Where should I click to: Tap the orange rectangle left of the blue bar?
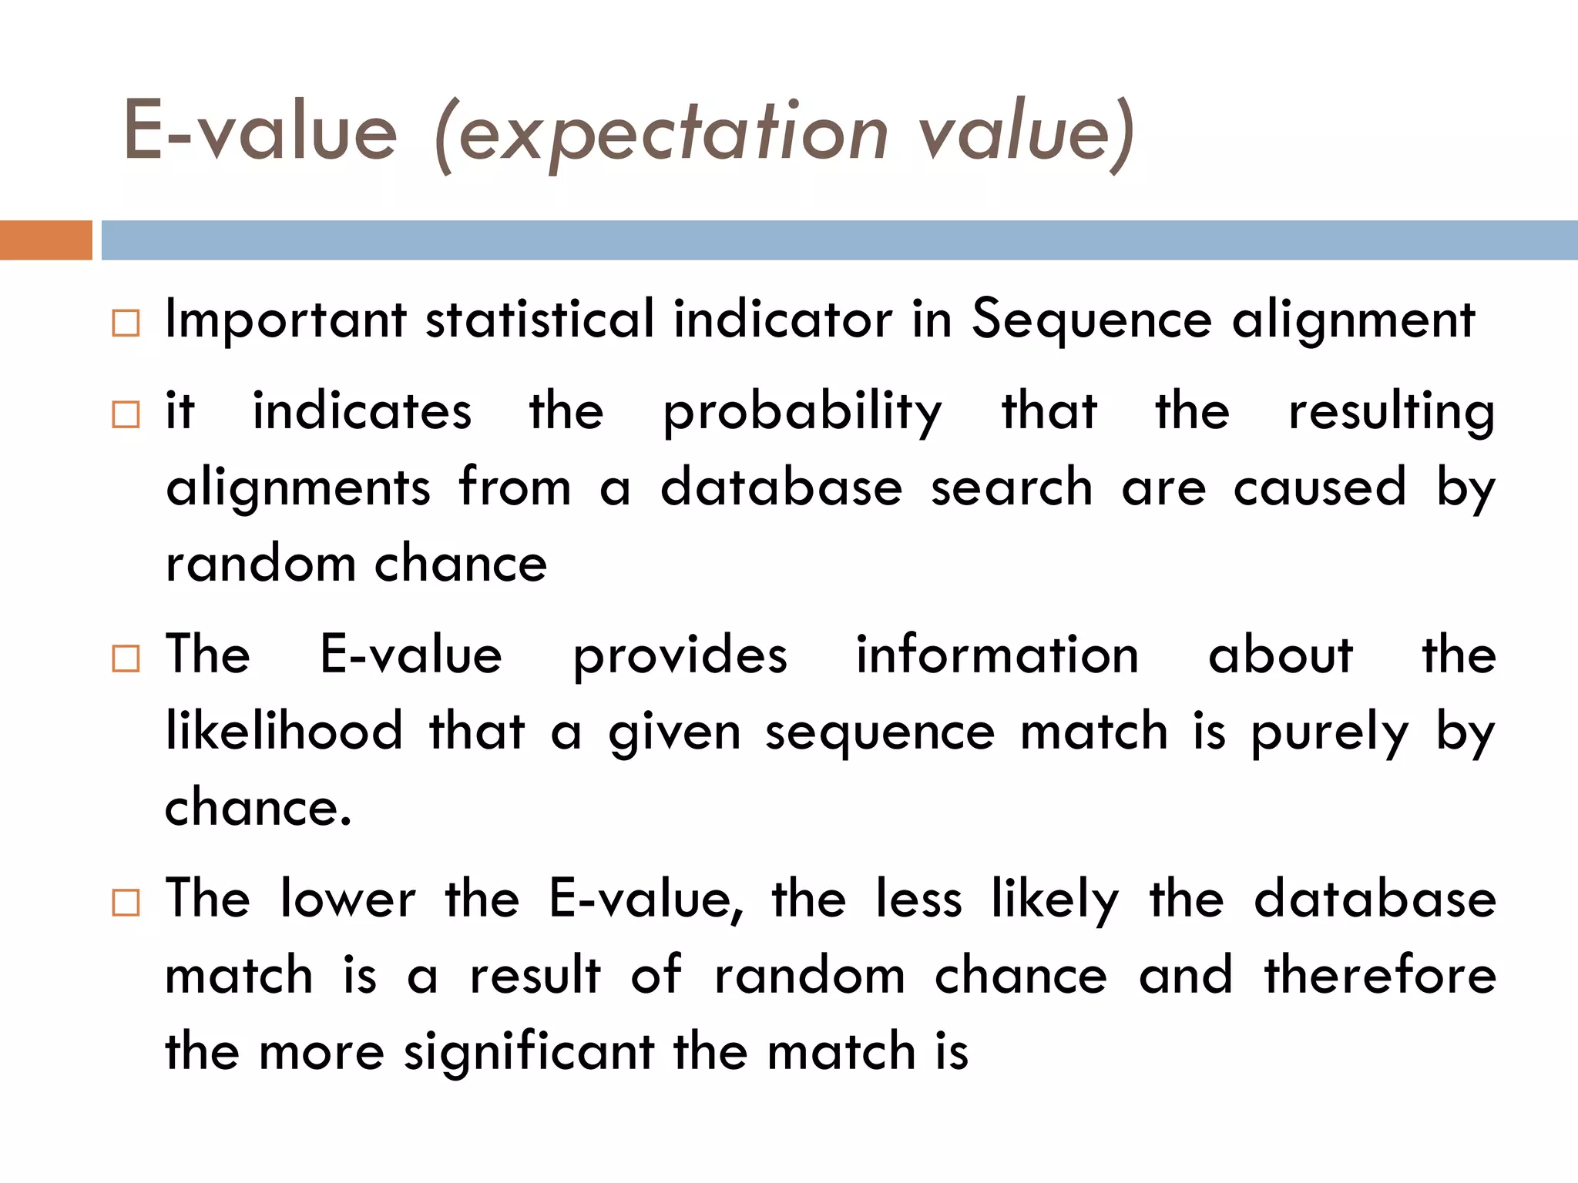45,240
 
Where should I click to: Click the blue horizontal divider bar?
839,240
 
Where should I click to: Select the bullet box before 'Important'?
126,323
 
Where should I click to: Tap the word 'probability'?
802,413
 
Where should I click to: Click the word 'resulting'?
1392,413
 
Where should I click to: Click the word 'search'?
1012,488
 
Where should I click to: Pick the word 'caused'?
1320,488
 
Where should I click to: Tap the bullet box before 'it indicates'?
126,414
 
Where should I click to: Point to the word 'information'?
997,655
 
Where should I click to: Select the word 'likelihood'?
284,731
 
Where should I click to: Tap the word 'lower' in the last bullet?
347,899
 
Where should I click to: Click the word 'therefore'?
1380,975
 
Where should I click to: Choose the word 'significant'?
529,1052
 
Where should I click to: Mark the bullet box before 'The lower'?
126,902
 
